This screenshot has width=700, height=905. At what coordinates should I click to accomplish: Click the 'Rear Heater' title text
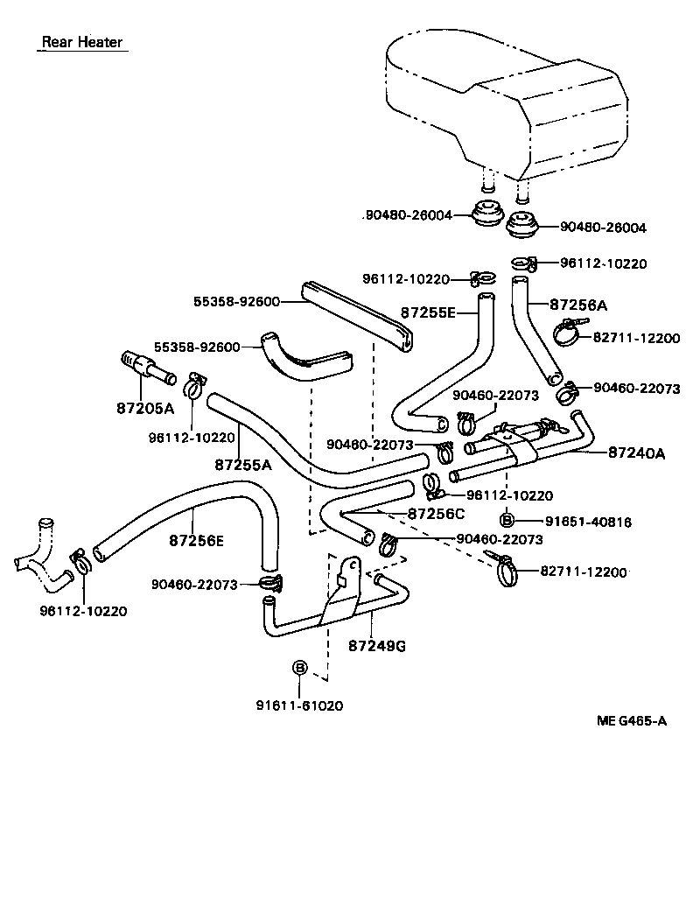click(82, 42)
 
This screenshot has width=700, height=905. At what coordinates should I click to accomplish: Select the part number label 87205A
click(145, 408)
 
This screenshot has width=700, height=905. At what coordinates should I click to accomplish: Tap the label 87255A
click(242, 465)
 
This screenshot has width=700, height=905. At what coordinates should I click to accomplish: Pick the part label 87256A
click(578, 305)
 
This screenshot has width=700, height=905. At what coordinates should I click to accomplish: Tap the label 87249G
click(376, 646)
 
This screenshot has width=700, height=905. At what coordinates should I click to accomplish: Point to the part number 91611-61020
click(299, 705)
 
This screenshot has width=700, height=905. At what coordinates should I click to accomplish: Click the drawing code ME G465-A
click(632, 721)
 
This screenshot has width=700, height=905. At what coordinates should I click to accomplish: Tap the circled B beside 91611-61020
click(299, 668)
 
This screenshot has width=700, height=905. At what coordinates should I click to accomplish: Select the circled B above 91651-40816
click(507, 521)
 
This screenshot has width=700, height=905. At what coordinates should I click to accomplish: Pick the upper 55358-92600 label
click(236, 302)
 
